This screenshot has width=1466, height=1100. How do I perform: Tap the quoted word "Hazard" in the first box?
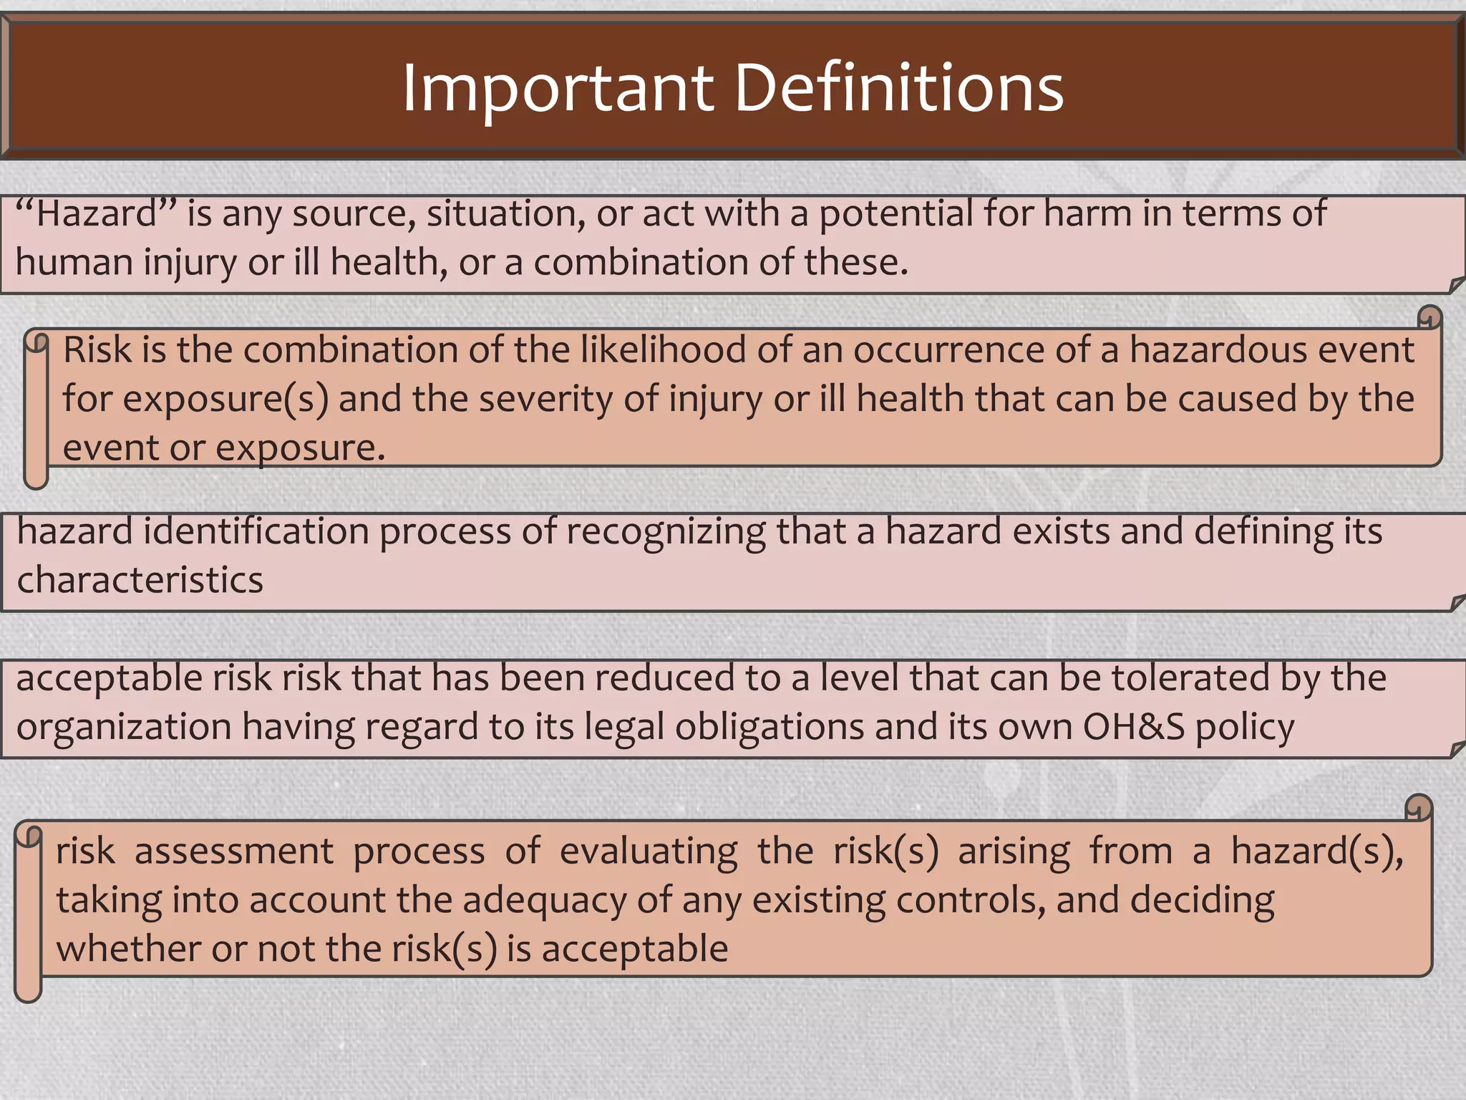(96, 213)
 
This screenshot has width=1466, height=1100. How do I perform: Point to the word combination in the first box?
(641, 262)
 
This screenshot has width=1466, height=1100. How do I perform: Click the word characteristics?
(140, 580)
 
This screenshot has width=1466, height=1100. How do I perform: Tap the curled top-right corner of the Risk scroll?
(1429, 317)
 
